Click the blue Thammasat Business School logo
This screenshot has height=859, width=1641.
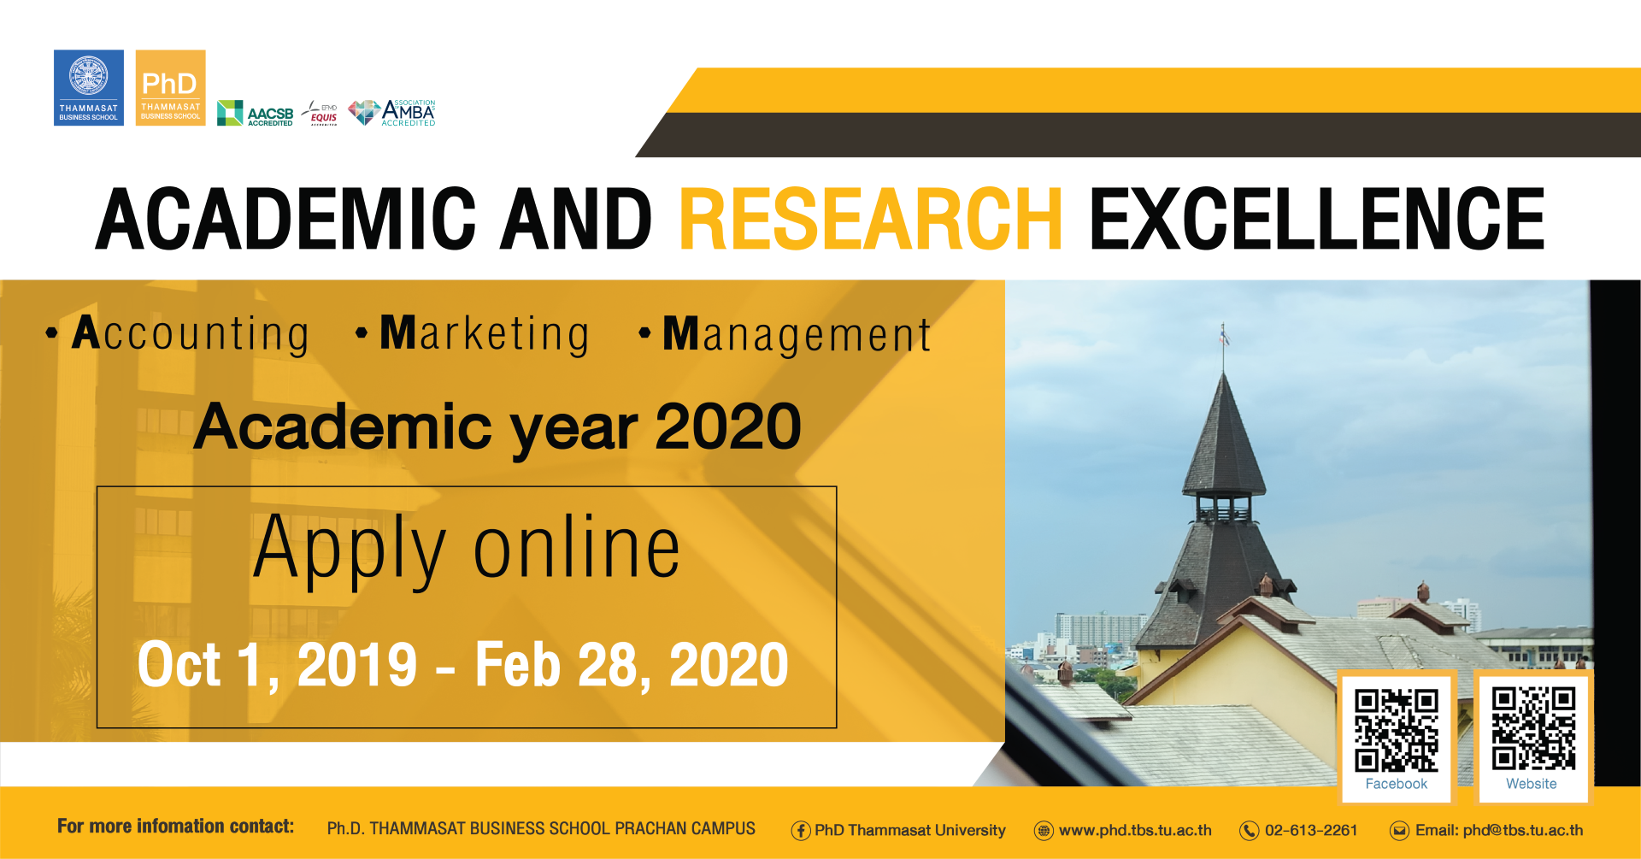[89, 87]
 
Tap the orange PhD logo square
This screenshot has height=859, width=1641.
[170, 87]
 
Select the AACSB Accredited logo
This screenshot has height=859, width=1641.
[255, 113]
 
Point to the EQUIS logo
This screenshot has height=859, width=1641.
[321, 114]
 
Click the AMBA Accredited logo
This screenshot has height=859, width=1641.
[392, 112]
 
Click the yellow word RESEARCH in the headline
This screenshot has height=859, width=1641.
[871, 219]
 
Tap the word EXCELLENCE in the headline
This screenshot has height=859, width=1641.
[1317, 219]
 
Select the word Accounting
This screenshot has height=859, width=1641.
[190, 334]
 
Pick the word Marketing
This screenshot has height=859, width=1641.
[485, 334]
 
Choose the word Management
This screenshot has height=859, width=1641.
[797, 335]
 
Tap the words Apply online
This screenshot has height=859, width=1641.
[467, 549]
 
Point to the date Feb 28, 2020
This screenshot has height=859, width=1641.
[632, 665]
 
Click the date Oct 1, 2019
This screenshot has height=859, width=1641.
[277, 665]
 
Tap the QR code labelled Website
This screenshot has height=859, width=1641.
[1533, 729]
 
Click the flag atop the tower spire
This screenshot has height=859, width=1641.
[1225, 335]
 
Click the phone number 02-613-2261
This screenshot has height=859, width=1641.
[1311, 830]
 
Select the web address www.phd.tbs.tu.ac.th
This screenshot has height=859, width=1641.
[1135, 830]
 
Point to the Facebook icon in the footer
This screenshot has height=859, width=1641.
[801, 831]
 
